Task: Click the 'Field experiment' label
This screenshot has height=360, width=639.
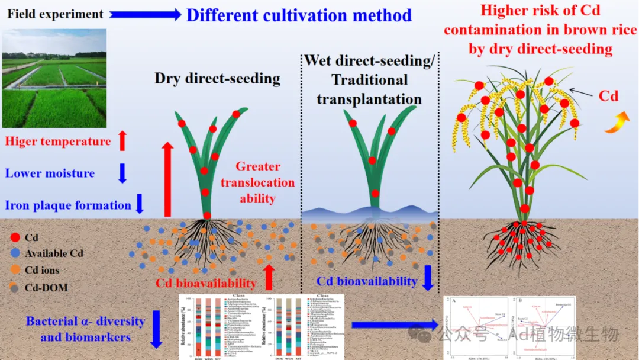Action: click(55, 14)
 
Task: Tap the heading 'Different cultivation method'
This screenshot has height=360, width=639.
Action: click(299, 15)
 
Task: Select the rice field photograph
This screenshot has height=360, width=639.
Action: click(54, 78)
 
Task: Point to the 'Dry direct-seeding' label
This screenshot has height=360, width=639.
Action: click(217, 78)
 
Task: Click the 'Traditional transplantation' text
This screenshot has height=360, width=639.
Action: click(369, 89)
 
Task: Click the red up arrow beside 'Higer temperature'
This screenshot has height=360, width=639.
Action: click(122, 141)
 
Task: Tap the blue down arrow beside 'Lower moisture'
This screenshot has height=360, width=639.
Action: click(122, 173)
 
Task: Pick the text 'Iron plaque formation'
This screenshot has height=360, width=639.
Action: click(68, 205)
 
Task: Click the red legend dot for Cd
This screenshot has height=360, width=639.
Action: click(15, 237)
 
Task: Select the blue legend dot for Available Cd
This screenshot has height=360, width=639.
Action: click(15, 253)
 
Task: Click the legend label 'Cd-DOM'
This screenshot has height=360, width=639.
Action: click(46, 288)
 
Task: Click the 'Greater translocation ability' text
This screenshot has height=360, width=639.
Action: click(257, 182)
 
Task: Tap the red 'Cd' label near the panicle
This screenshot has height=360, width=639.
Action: click(609, 96)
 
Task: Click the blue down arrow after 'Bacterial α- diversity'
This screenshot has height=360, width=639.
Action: click(157, 329)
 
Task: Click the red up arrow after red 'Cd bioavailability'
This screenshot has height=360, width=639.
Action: click(269, 277)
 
